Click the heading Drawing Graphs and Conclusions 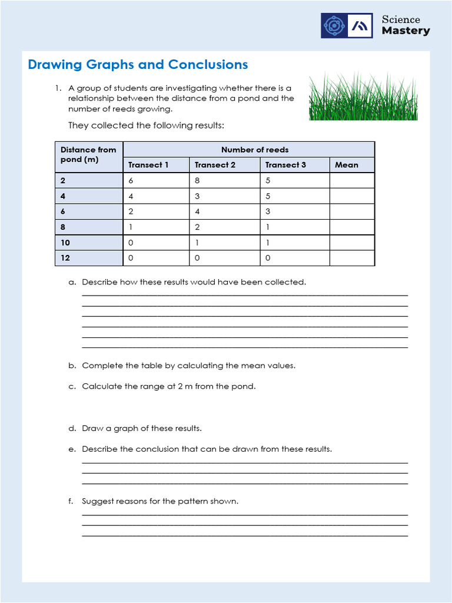click(x=138, y=65)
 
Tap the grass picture click(x=363, y=97)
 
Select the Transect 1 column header click(x=148, y=165)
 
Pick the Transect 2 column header click(x=215, y=165)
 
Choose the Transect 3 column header click(x=285, y=165)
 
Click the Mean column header click(x=346, y=165)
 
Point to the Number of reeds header click(x=255, y=150)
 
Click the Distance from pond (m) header click(x=88, y=155)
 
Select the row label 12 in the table click(x=65, y=258)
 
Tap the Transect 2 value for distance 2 click(x=198, y=181)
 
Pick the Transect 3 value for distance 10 click(x=268, y=243)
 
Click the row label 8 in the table click(x=64, y=227)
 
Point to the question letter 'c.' click(x=72, y=387)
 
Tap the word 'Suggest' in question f click(x=98, y=501)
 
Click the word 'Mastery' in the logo click(x=406, y=31)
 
